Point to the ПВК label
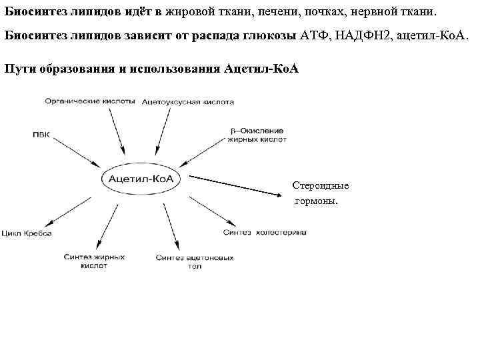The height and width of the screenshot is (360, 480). [x=41, y=134]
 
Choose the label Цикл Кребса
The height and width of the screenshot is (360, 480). [x=27, y=234]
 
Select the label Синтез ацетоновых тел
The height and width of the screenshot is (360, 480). [x=194, y=261]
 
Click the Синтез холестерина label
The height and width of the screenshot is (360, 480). [x=264, y=233]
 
